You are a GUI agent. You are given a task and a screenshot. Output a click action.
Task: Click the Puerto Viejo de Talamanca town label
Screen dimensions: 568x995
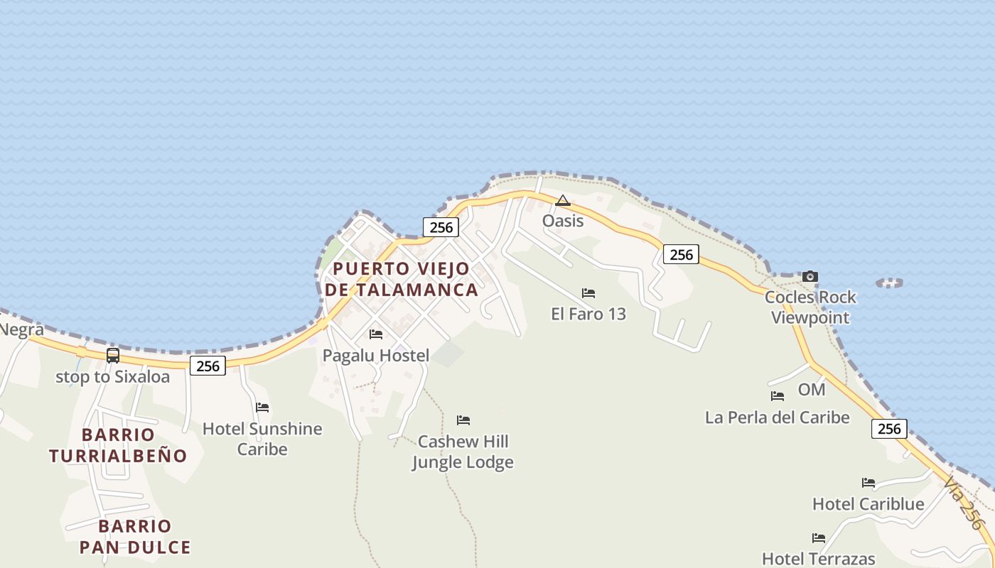pyautogui.click(x=402, y=279)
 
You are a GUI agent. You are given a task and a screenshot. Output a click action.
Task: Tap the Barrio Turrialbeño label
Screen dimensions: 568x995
pyautogui.click(x=118, y=445)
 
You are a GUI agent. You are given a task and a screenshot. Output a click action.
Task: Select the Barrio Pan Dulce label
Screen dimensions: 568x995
pyautogui.click(x=135, y=536)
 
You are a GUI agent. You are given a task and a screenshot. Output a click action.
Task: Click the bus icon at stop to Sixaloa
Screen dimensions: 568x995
pyautogui.click(x=113, y=356)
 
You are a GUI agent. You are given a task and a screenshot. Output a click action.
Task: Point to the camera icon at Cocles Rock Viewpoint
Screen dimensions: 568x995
pyautogui.click(x=810, y=276)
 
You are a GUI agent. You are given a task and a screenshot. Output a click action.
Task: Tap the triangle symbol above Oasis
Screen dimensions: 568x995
pyautogui.click(x=563, y=201)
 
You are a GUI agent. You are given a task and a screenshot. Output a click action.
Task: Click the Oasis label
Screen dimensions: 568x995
pyautogui.click(x=563, y=221)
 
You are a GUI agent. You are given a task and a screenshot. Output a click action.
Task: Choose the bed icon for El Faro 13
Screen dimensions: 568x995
pyautogui.click(x=588, y=293)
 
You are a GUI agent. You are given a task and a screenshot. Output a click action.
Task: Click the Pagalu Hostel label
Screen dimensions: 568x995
pyautogui.click(x=376, y=355)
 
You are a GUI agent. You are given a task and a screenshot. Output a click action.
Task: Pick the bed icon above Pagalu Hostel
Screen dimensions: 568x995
pyautogui.click(x=376, y=334)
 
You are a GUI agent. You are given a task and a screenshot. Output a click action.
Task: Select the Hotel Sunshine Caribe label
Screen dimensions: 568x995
pyautogui.click(x=262, y=439)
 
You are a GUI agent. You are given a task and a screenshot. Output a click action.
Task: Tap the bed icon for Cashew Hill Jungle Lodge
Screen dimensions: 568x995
pyautogui.click(x=463, y=420)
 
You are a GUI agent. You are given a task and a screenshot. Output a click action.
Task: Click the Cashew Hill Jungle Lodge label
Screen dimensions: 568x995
pyautogui.click(x=463, y=452)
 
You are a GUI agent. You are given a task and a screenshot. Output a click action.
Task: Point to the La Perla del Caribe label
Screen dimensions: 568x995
pyautogui.click(x=778, y=417)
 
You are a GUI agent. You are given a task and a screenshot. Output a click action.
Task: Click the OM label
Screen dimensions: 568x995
pyautogui.click(x=812, y=389)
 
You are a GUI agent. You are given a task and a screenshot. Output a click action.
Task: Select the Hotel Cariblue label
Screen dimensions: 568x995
pyautogui.click(x=868, y=504)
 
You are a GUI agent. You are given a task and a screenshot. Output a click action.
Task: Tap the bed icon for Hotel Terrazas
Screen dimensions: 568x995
pyautogui.click(x=819, y=538)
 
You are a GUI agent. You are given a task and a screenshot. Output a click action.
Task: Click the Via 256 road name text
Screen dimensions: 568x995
pyautogui.click(x=964, y=503)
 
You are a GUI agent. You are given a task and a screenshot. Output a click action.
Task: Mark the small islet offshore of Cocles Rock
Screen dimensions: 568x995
pyautogui.click(x=889, y=283)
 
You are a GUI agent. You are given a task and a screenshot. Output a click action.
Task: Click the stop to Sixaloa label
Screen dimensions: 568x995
pyautogui.click(x=113, y=376)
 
